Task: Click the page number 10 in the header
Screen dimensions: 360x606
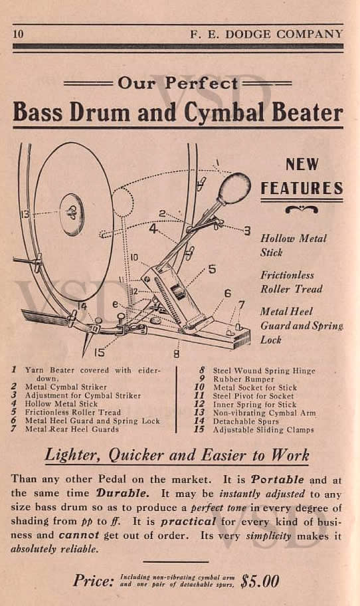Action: click(18, 34)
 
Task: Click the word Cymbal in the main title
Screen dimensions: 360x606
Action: click(225, 113)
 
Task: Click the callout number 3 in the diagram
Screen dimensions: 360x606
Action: click(247, 231)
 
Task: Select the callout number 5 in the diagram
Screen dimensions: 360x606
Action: click(212, 269)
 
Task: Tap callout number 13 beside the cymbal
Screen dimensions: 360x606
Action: click(25, 213)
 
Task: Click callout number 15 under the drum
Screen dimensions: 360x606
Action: click(99, 352)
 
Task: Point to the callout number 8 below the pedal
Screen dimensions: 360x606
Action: click(176, 353)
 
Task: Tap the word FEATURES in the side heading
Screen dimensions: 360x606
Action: click(302, 188)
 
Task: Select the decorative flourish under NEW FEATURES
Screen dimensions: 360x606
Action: click(302, 209)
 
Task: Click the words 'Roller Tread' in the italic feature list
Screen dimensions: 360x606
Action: click(291, 289)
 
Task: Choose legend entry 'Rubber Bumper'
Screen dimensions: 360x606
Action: click(243, 379)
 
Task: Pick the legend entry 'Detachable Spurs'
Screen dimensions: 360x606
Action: click(246, 421)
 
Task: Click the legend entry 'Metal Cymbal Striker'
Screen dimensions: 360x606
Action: click(66, 387)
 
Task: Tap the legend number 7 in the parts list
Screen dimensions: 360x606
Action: click(14, 429)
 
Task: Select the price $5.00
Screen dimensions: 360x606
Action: click(259, 581)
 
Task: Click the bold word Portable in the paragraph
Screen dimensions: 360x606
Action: click(277, 480)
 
